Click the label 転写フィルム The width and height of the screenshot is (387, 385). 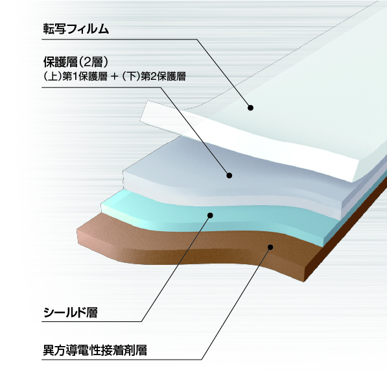76,29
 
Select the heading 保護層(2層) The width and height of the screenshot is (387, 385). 76,62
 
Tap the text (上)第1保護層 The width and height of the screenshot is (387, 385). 75,77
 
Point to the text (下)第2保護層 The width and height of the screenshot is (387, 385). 154,77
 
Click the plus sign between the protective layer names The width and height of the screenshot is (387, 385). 115,77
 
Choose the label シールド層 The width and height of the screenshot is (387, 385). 71,312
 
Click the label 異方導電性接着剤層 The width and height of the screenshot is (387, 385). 95,350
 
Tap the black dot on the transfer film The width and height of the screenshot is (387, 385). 250,108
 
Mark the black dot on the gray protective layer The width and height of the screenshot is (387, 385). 229,175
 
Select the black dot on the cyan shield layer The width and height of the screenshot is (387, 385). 210,216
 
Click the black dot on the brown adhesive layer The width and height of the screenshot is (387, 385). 270,247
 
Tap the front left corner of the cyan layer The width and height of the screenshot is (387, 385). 101,205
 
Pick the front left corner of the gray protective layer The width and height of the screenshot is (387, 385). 123,171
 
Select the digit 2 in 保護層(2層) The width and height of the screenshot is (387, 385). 88,62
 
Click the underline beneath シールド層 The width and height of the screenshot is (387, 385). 91,321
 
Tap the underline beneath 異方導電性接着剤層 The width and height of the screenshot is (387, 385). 122,359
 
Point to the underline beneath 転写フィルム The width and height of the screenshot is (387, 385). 119,39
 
